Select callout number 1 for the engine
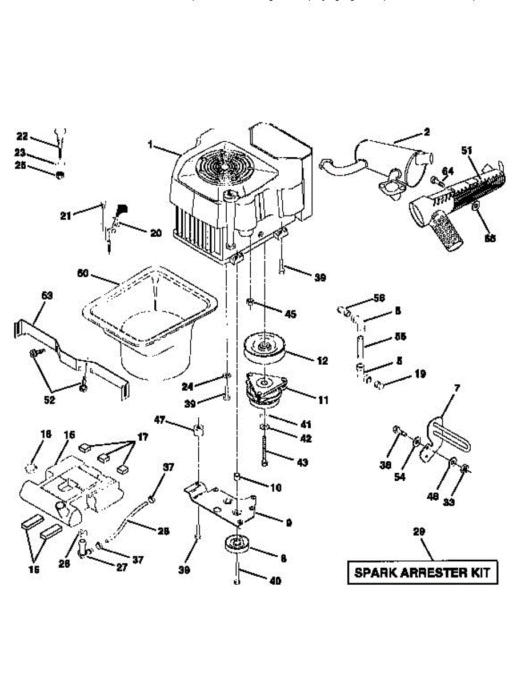150,145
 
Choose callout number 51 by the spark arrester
467,150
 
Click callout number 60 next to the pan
83,273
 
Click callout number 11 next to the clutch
323,401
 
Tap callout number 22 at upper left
22,136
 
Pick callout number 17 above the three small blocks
142,437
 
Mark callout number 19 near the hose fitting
420,374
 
